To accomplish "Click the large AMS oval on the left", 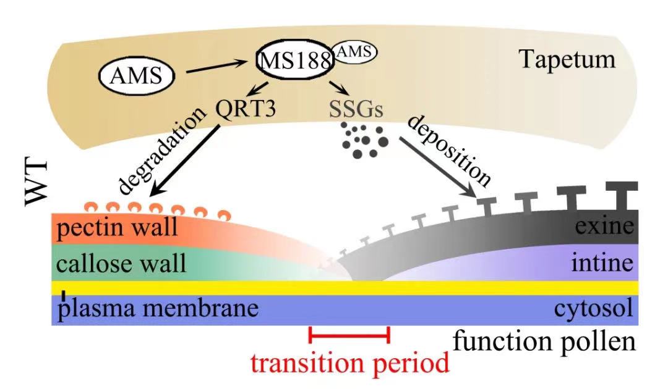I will tap(136, 77).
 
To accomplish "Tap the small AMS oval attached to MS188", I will tap(354, 54).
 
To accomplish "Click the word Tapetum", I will tap(567, 60).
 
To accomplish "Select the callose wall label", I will tap(121, 264).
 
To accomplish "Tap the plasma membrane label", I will tap(157, 308).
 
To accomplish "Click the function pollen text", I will tap(544, 340).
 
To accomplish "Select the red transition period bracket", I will tap(349, 335).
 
